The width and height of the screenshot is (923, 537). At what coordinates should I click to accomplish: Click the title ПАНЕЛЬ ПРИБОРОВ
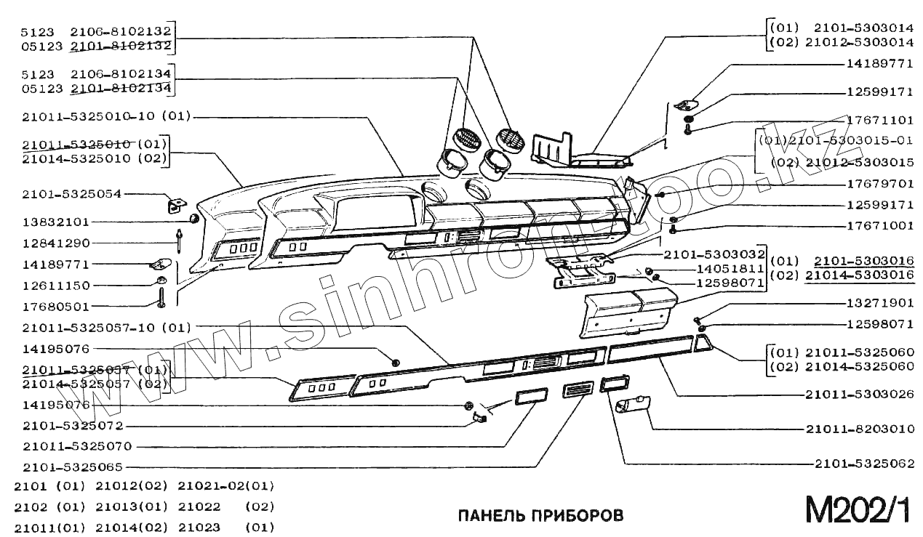[540, 515]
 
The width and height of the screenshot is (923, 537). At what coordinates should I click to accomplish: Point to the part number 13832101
[55, 221]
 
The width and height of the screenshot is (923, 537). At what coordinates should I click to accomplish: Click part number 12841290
[55, 243]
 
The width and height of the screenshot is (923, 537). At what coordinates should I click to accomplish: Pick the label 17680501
[55, 307]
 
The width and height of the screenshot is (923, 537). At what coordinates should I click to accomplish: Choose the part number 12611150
[55, 286]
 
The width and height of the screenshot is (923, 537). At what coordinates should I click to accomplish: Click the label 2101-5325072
[72, 426]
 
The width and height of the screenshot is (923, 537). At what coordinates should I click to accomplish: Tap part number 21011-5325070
[76, 446]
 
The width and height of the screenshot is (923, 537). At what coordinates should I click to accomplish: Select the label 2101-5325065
[72, 467]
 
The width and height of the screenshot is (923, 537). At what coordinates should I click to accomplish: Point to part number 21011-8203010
[859, 429]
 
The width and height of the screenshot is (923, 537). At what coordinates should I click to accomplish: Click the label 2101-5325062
[863, 463]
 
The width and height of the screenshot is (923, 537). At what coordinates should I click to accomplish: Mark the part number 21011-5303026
[859, 395]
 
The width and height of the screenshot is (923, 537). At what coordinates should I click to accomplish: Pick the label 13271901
[879, 302]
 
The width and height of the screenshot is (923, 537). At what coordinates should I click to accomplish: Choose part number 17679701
[879, 184]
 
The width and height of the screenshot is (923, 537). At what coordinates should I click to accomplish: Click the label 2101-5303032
[714, 254]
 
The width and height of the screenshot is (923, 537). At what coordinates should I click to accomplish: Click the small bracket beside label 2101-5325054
[175, 206]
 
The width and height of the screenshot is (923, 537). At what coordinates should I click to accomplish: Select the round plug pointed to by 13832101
[194, 219]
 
